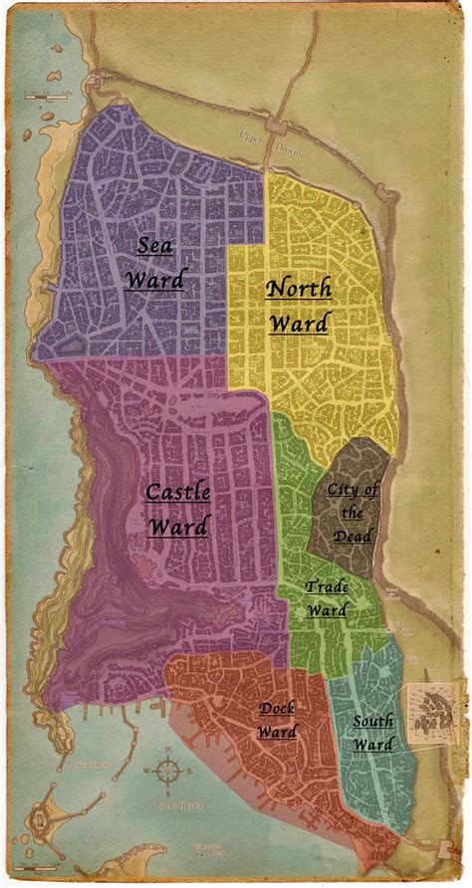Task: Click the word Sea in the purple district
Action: [154, 245]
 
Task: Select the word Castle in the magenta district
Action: [176, 492]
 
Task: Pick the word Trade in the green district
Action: [327, 587]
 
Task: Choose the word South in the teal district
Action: [371, 721]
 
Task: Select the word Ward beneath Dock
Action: [277, 733]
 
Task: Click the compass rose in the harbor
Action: [168, 770]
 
